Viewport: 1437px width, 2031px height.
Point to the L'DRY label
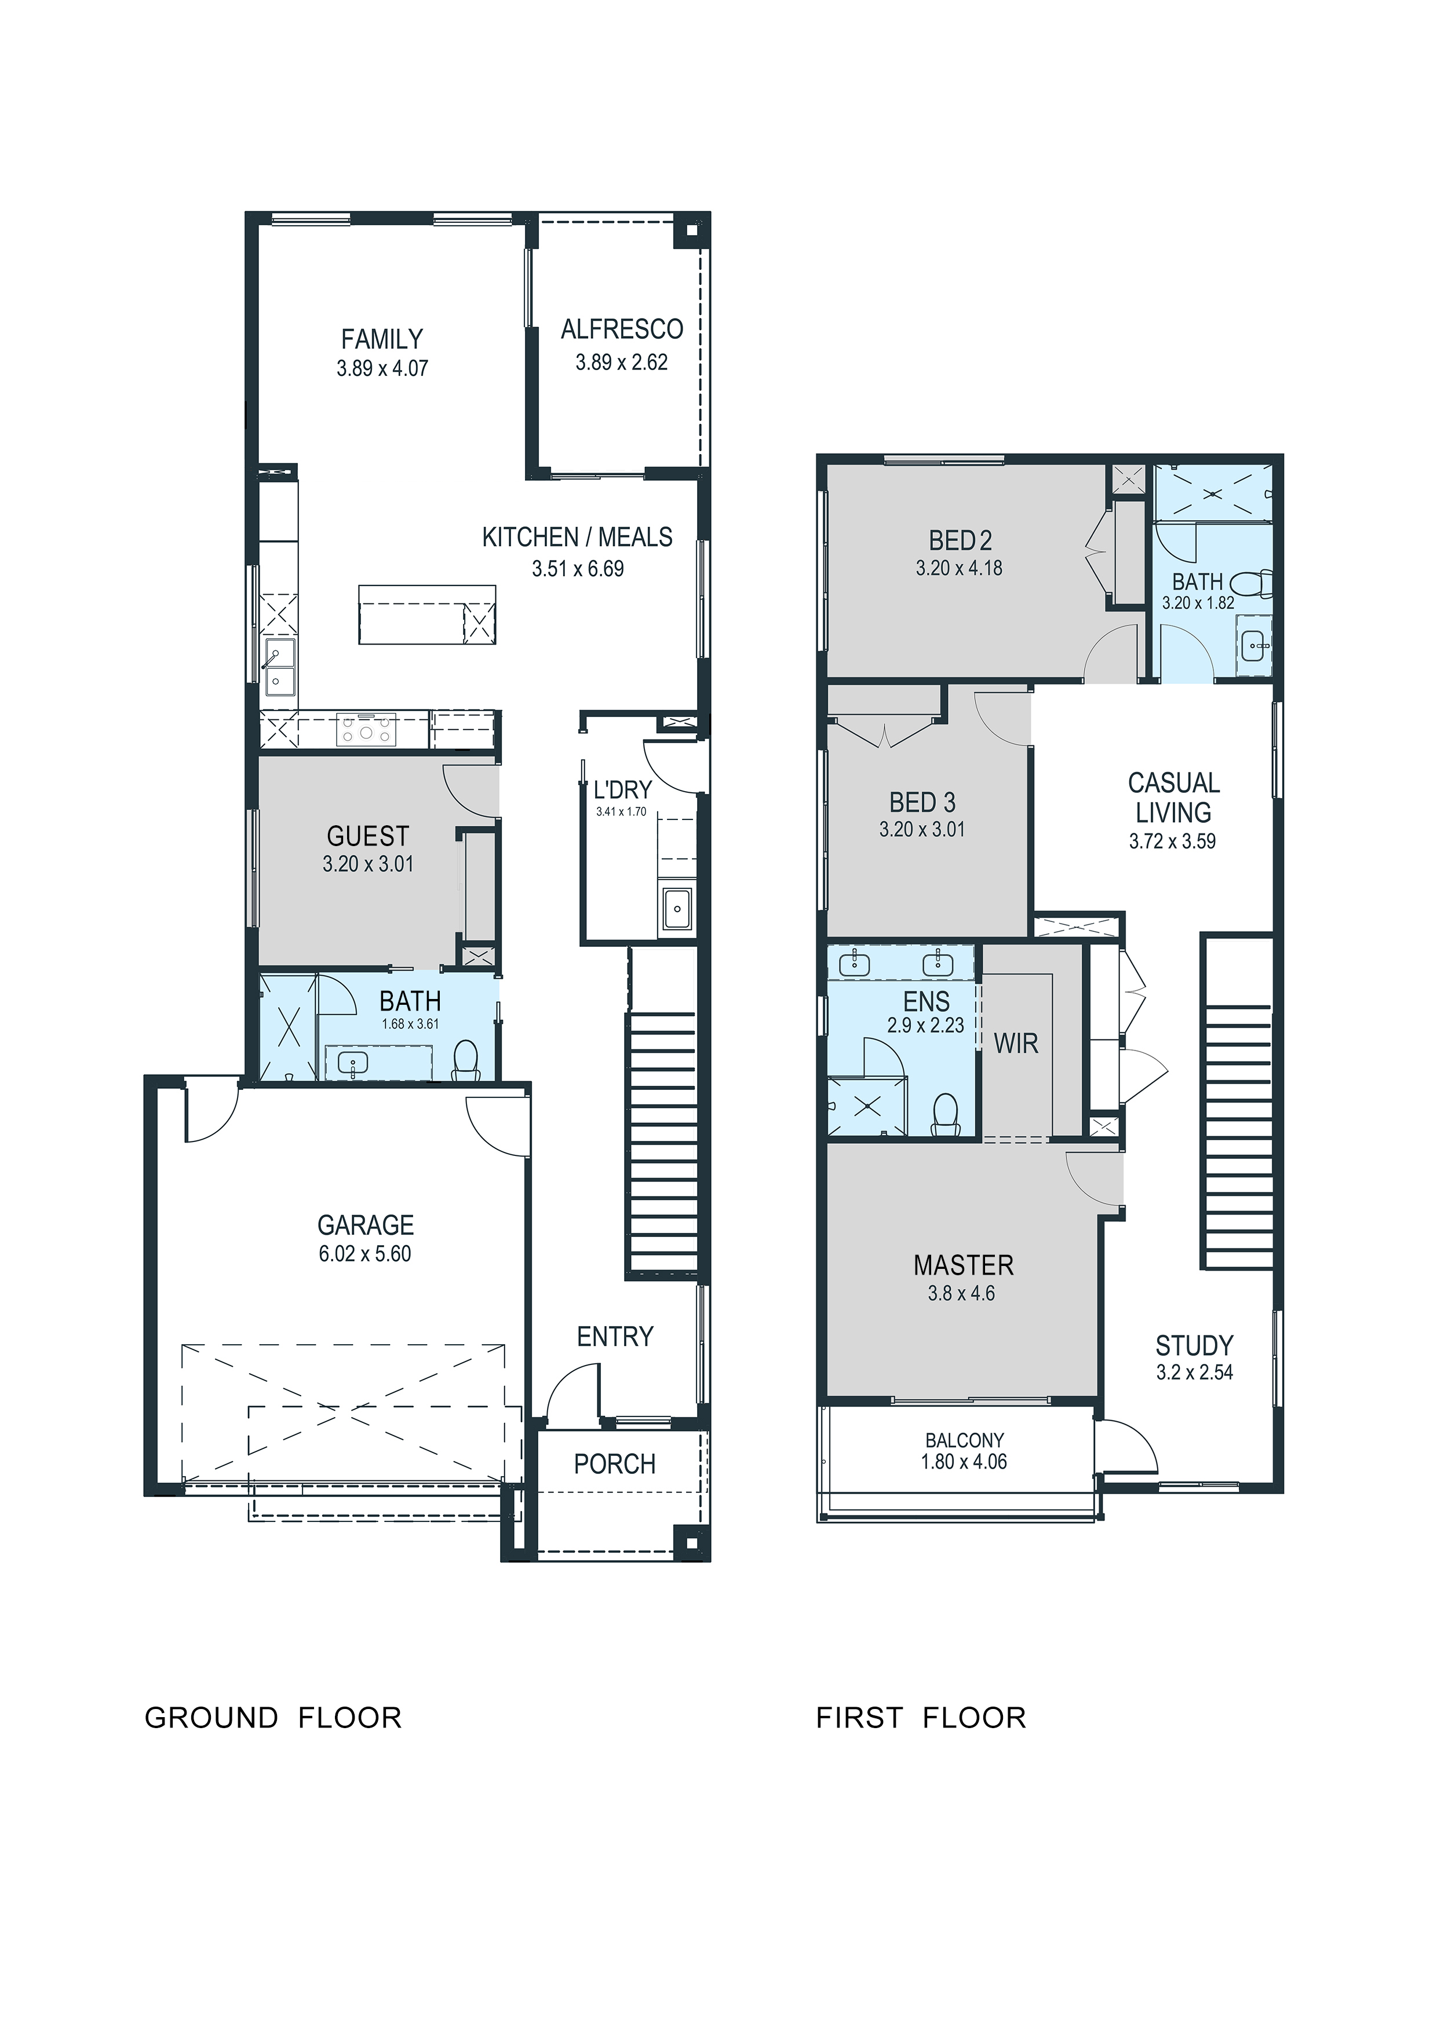(x=622, y=790)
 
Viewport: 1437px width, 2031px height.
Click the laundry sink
(x=678, y=909)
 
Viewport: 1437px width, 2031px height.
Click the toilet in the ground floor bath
(x=465, y=1060)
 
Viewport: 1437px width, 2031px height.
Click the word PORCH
(x=615, y=1464)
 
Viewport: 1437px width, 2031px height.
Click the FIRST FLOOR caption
(x=921, y=1717)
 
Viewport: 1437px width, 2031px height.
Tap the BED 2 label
(x=960, y=540)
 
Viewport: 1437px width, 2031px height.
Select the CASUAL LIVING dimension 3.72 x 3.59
(x=1172, y=841)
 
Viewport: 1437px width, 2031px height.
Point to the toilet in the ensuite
(x=946, y=1115)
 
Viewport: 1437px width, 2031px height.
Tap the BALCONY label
(x=965, y=1440)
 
